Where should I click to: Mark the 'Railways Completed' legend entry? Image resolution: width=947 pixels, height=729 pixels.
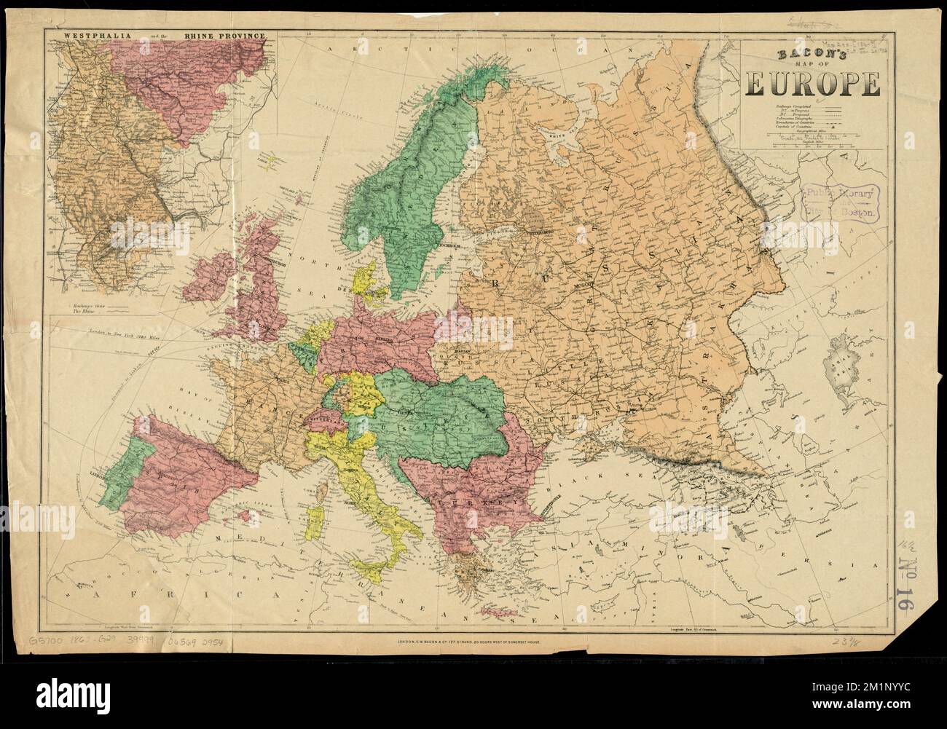tap(790, 106)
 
